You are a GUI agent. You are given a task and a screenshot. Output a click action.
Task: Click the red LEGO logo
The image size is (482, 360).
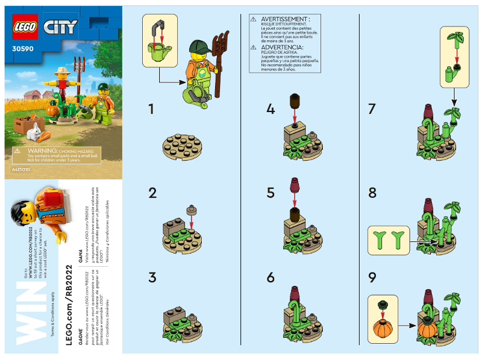click(25, 26)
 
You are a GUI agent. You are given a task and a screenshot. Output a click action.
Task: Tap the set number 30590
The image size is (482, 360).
click(22, 50)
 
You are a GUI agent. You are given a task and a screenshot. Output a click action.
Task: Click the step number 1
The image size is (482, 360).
click(152, 110)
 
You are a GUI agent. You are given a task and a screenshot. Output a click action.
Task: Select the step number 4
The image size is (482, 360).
click(271, 110)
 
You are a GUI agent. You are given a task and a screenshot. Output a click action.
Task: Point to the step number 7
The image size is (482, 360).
click(372, 110)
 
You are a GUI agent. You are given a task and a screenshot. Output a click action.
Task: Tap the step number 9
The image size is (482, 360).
click(372, 279)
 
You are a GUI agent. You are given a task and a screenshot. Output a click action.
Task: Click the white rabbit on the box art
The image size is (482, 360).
click(36, 130)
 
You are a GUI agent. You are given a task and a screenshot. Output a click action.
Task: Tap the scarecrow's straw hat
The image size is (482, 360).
click(61, 72)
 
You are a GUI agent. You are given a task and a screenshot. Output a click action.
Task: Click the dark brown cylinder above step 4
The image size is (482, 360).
click(295, 101)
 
